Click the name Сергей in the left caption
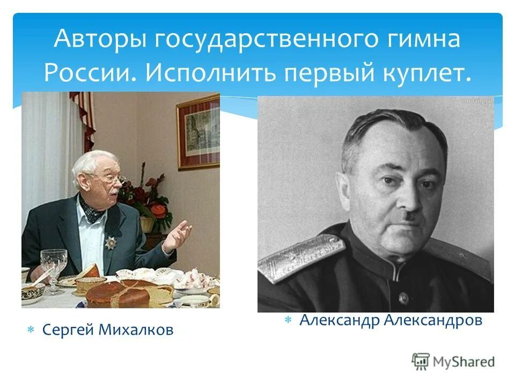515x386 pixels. point(68,330)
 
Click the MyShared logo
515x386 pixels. point(453,361)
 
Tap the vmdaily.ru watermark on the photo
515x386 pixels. point(476,101)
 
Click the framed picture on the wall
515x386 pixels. point(198,132)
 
